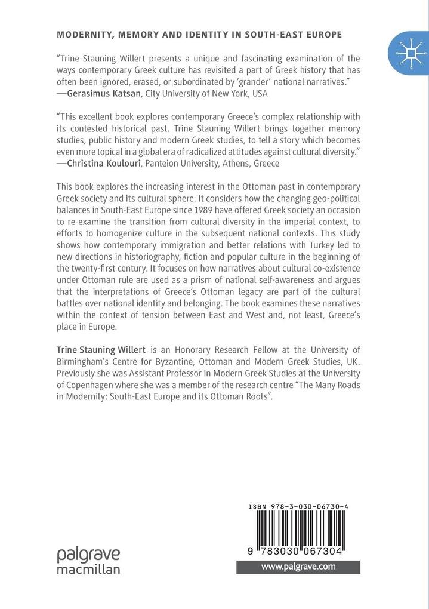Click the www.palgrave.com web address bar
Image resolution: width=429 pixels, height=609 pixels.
(298, 566)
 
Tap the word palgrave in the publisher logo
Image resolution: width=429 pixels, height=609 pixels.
(88, 555)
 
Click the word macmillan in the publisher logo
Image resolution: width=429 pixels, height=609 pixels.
(88, 569)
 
